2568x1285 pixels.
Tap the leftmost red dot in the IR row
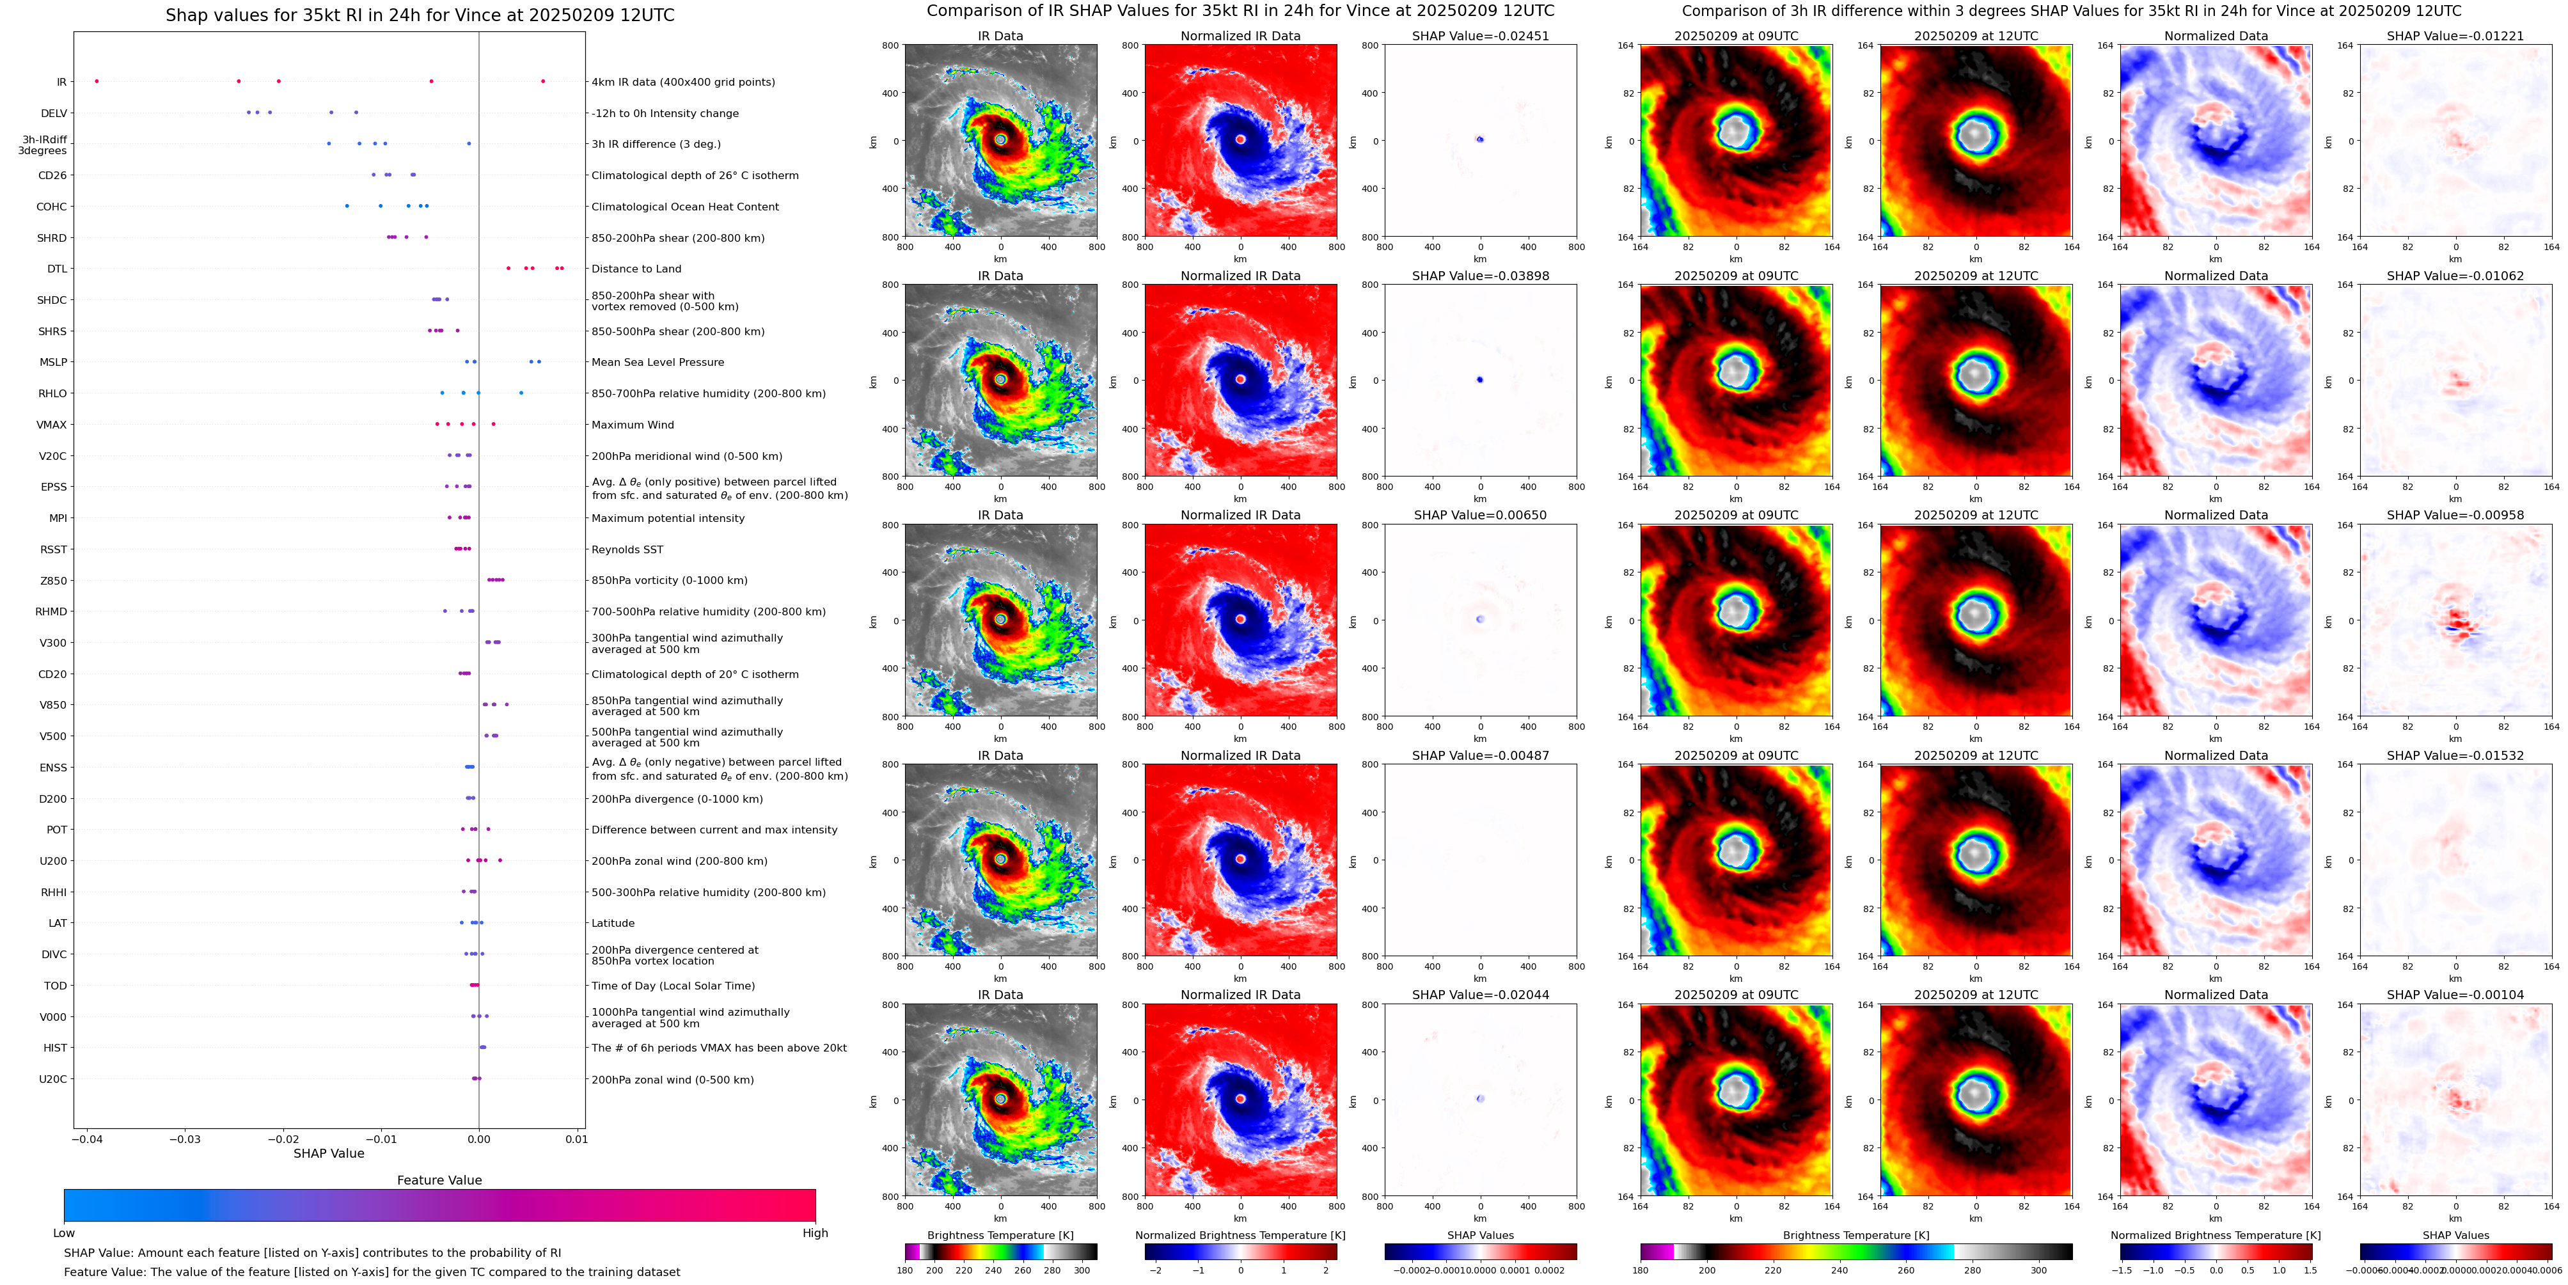coord(97,81)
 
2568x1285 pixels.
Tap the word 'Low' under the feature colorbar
coord(64,1233)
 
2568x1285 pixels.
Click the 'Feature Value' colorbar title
coord(439,1180)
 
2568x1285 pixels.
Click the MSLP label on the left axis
coord(53,362)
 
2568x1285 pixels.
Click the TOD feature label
coord(56,986)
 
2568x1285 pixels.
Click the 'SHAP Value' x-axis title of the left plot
coord(328,1153)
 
